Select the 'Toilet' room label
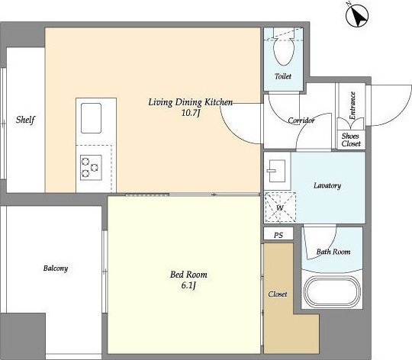tap(283, 76)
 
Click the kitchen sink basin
tap(91, 118)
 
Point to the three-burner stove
tap(91, 167)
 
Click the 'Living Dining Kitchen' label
tap(191, 102)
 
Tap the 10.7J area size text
tap(191, 113)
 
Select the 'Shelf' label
tap(25, 120)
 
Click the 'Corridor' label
tap(301, 121)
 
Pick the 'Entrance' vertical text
tap(352, 105)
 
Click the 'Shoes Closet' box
tap(351, 140)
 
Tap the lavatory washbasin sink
tap(277, 171)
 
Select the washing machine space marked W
tap(280, 207)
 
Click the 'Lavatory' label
tap(327, 185)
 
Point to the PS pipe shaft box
tap(278, 233)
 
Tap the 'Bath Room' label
tap(333, 252)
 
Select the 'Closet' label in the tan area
tap(278, 294)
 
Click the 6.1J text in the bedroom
tap(188, 285)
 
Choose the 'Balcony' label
tap(56, 268)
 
